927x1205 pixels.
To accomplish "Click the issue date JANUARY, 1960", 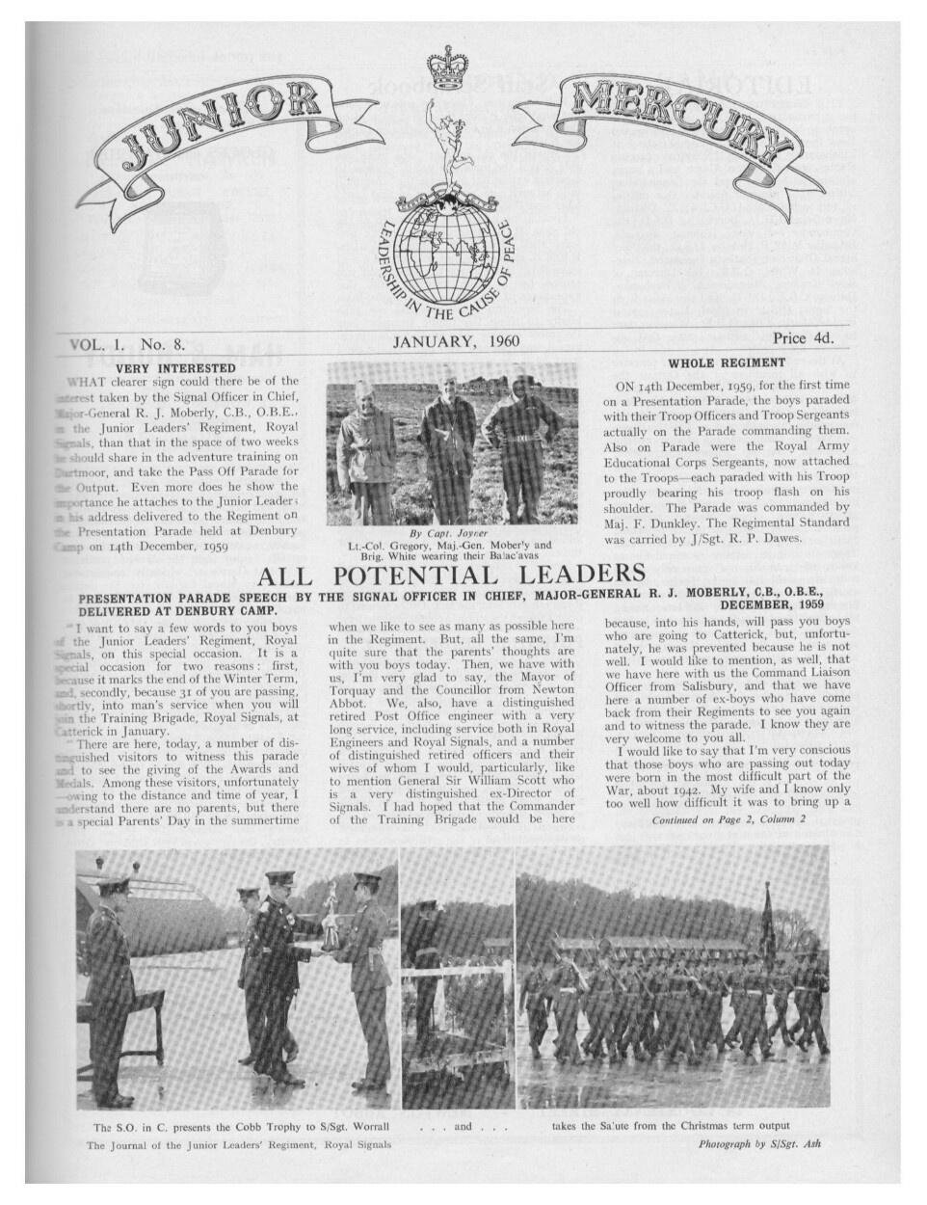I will click(456, 340).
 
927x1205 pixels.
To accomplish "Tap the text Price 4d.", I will click(803, 338).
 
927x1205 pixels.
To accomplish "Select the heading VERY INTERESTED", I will click(175, 367).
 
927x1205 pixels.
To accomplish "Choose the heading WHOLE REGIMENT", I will click(727, 363).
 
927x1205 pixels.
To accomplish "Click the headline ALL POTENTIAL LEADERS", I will click(451, 576).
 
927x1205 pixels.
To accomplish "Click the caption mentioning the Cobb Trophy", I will click(241, 1126).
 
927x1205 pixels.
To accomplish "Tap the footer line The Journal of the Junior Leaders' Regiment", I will click(239, 1145).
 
